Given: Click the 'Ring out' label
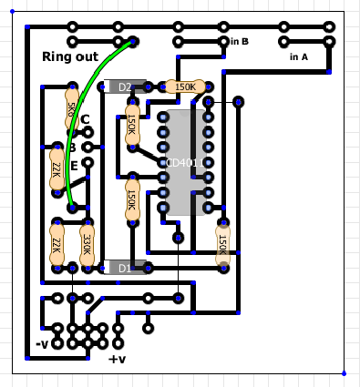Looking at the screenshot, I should click(x=69, y=56).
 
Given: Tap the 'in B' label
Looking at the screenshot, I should click(x=240, y=41).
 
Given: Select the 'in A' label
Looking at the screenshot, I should click(x=298, y=56).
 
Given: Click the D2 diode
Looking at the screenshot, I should click(x=126, y=87).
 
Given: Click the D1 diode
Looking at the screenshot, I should click(x=126, y=268).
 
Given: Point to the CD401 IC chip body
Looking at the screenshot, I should click(x=186, y=162).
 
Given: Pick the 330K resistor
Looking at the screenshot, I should click(x=87, y=243).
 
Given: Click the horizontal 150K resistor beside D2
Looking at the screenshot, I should click(x=185, y=87).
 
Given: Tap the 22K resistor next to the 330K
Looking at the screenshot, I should click(x=57, y=244).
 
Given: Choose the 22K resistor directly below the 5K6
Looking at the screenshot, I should click(x=57, y=168).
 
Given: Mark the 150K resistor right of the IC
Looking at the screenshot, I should click(x=222, y=243).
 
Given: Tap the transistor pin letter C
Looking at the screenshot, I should click(x=85, y=119).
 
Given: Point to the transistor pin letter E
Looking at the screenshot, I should click(x=75, y=165).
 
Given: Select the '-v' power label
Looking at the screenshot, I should click(x=41, y=344).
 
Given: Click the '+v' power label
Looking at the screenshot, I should click(x=117, y=359).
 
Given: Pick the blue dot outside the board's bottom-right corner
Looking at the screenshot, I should click(x=344, y=372).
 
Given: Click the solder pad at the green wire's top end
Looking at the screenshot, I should click(x=133, y=41).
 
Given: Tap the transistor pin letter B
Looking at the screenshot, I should click(x=72, y=147).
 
